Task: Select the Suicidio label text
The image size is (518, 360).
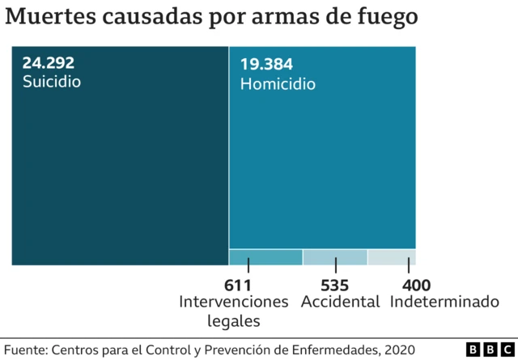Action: click(x=52, y=82)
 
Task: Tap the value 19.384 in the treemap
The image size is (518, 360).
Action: click(x=266, y=65)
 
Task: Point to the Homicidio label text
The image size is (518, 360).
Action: click(x=278, y=84)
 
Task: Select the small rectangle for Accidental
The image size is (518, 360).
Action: click(x=335, y=257)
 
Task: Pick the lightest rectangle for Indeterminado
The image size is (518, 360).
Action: click(x=392, y=257)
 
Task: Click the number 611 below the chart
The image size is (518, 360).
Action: click(x=238, y=285)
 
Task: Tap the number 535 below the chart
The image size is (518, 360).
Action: click(x=334, y=285)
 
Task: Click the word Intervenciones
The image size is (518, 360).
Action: click(x=233, y=302)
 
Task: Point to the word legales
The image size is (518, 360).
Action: click(x=233, y=320)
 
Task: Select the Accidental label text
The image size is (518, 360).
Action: click(x=340, y=302)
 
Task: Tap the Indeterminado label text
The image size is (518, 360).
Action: click(x=444, y=302)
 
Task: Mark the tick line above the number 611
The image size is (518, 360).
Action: click(x=248, y=265)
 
